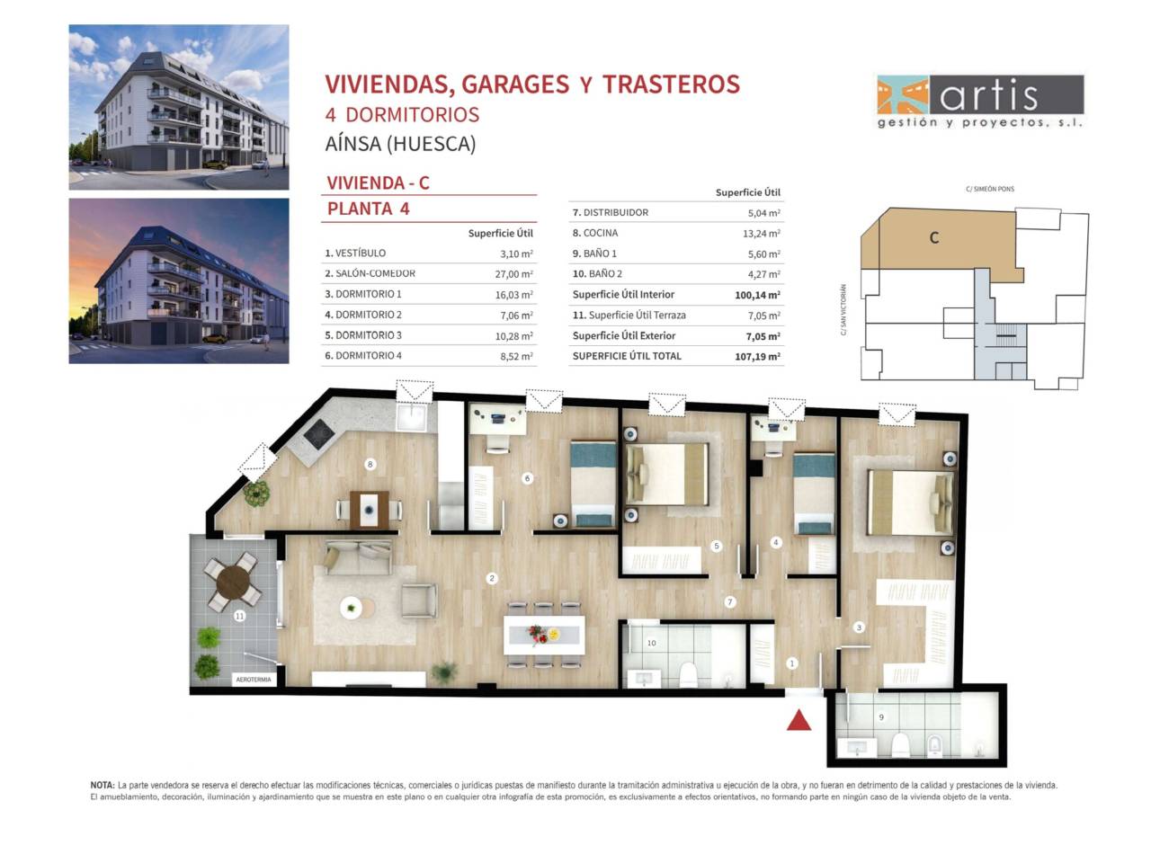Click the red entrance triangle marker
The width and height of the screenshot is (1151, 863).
[x=799, y=720]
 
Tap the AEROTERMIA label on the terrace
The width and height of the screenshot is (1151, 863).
[x=254, y=680]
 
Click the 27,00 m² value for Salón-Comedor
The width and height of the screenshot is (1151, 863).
[x=513, y=274]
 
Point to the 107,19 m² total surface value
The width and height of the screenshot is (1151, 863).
[x=757, y=357]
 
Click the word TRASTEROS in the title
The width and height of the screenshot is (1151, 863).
[x=671, y=84]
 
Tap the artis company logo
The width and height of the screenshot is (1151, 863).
[x=980, y=102]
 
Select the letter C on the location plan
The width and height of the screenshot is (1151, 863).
[x=934, y=238]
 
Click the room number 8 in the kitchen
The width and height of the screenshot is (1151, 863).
[x=370, y=464]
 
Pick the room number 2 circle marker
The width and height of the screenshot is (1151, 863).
[x=492, y=578]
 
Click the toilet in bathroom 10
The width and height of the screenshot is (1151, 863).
[x=688, y=674]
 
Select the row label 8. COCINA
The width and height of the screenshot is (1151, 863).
[x=595, y=233]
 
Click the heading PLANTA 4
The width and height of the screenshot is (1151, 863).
[x=368, y=209]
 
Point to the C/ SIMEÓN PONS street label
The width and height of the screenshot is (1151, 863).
[x=990, y=189]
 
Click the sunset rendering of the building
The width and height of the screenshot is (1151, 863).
[x=179, y=280]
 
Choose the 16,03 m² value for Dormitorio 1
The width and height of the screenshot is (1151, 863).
[x=513, y=295]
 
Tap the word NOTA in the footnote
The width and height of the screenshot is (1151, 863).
[x=103, y=785]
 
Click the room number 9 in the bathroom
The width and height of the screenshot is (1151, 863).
[x=881, y=716]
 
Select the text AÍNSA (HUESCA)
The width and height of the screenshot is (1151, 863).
[x=401, y=144]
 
